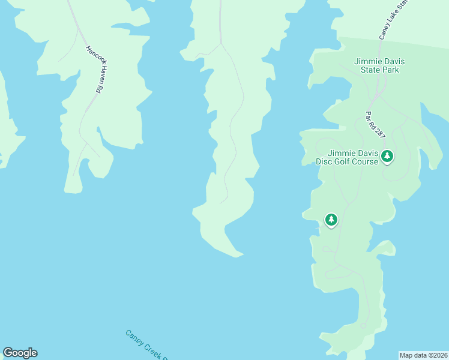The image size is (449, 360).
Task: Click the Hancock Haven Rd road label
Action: [92, 69]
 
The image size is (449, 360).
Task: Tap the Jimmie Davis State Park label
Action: [376, 65]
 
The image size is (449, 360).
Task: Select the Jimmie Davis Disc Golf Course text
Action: [346, 157]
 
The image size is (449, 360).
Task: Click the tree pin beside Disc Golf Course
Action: [387, 157]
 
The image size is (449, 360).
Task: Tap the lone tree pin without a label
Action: [331, 220]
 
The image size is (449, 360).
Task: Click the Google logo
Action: [20, 353]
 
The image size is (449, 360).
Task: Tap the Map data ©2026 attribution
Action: [424, 355]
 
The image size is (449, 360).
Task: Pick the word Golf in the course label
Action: [351, 161]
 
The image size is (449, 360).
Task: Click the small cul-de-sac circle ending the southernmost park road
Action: [363, 326]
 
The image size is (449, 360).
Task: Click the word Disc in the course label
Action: [325, 161]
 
